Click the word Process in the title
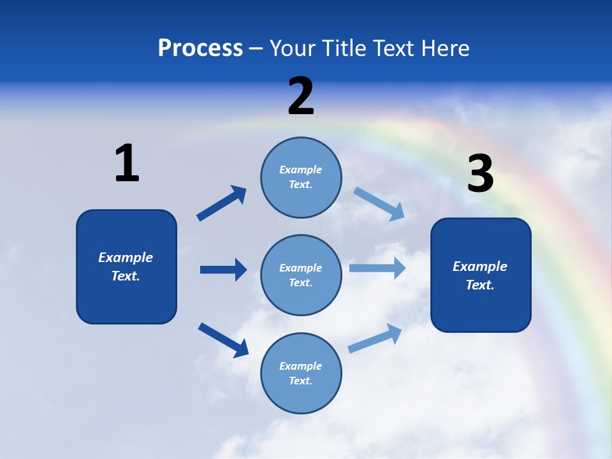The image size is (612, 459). tap(200, 48)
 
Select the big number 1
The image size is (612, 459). tap(127, 163)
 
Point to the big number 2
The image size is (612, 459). tap(301, 96)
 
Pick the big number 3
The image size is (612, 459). tap(480, 173)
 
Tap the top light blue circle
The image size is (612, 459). tap(301, 177)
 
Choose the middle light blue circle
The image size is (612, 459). tap(301, 275)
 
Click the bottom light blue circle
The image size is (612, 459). tap(301, 374)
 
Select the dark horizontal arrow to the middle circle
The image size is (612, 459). tap(223, 270)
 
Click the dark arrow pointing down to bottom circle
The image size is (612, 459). tap(223, 340)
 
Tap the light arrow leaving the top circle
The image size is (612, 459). tap(379, 203)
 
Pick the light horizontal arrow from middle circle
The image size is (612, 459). tap(377, 268)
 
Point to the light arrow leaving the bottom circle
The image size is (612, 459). tap(375, 338)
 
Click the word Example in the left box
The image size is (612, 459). tap(126, 258)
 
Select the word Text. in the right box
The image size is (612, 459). tap(480, 285)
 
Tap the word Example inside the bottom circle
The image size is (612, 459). tap(300, 366)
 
